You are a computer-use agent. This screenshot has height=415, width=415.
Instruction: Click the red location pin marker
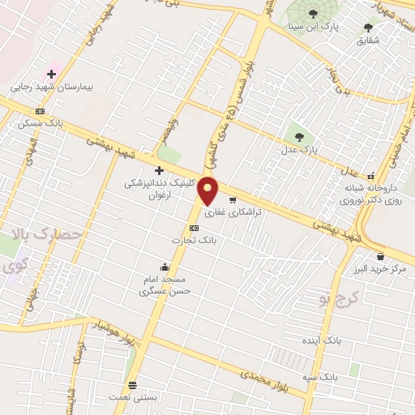[208, 190]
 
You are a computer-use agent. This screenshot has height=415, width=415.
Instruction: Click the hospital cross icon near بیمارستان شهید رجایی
[51, 74]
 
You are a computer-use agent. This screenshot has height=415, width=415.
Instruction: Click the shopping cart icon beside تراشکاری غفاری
[233, 200]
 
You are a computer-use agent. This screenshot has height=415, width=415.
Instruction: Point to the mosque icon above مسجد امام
[166, 267]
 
